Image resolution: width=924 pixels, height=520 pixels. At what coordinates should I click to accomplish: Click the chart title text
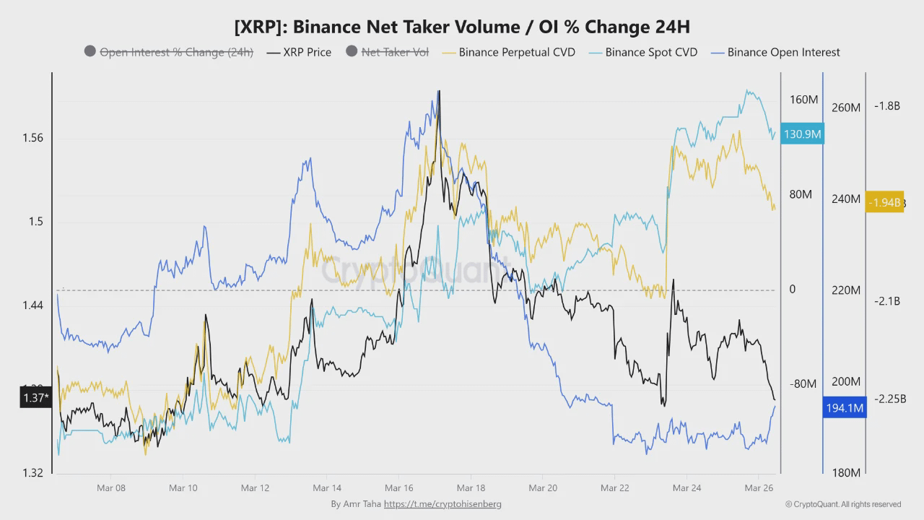(462, 27)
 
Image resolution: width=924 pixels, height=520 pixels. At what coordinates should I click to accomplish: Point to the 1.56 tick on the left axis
(32, 138)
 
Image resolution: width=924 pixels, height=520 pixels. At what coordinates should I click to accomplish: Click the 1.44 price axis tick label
(32, 305)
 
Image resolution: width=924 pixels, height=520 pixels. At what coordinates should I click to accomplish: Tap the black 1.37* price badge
(35, 397)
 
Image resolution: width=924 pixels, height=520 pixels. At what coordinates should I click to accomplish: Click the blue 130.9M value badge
(802, 134)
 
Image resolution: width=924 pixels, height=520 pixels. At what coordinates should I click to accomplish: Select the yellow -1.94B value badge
(884, 202)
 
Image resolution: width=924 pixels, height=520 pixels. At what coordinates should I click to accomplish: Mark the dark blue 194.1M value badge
(845, 408)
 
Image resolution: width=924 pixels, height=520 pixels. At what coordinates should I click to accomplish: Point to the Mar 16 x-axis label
(398, 488)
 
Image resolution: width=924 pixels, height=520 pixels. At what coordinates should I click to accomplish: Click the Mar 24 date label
(687, 488)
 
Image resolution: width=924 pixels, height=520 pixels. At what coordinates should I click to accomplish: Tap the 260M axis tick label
(846, 108)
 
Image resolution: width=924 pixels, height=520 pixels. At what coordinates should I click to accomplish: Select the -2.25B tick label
(890, 399)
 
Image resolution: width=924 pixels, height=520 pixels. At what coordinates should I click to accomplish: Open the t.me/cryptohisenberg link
(443, 504)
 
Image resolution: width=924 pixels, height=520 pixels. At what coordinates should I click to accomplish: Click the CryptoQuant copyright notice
(843, 504)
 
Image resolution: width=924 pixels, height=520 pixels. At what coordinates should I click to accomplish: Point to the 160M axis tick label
(803, 100)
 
